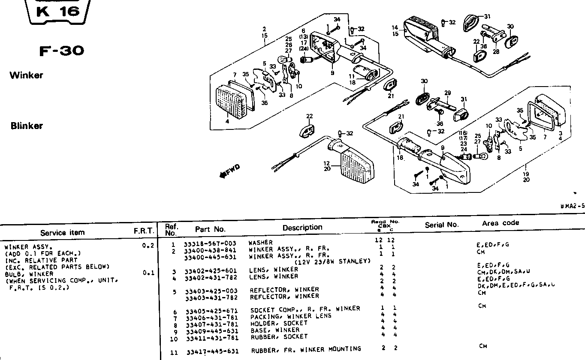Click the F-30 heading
pyautogui.click(x=62, y=51)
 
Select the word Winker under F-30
pyautogui.click(x=27, y=75)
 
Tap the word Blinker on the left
pyautogui.click(x=27, y=126)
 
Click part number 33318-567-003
pyautogui.click(x=210, y=243)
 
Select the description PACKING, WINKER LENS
pyautogui.click(x=291, y=316)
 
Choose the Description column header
pyautogui.click(x=302, y=228)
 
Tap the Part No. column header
pyautogui.click(x=210, y=229)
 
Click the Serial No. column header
pyautogui.click(x=441, y=225)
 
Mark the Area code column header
pyautogui.click(x=500, y=223)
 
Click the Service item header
pyautogui.click(x=62, y=233)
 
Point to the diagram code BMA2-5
pyautogui.click(x=572, y=206)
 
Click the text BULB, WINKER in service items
pyautogui.click(x=29, y=274)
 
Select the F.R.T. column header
pyautogui.click(x=144, y=231)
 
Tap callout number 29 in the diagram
pyautogui.click(x=448, y=93)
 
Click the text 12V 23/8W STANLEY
pyautogui.click(x=332, y=262)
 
